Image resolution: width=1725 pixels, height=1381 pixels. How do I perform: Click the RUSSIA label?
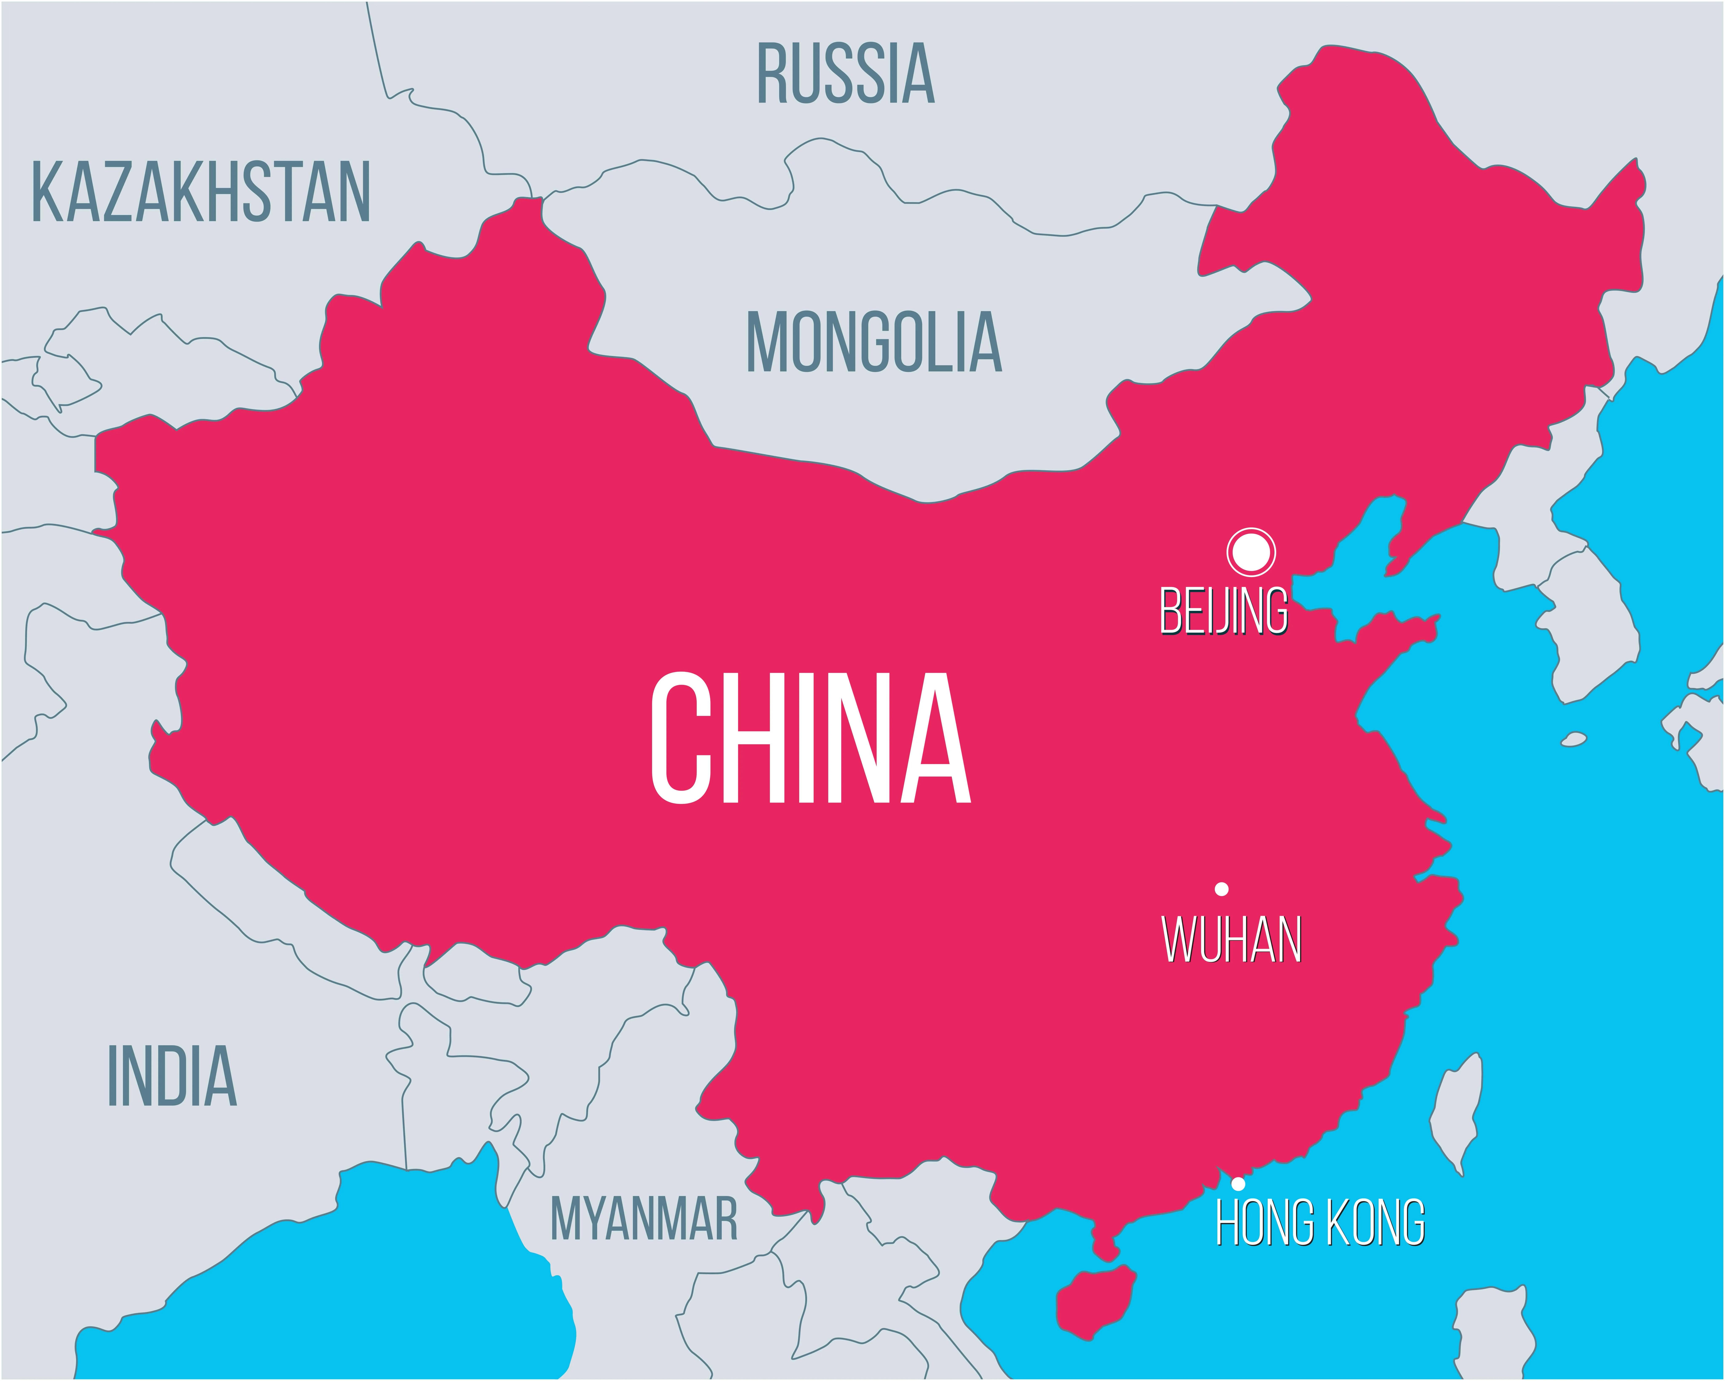tap(846, 74)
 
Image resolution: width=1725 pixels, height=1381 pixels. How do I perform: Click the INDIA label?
tap(172, 1076)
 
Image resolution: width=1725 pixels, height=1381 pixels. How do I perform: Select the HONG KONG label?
tap(1320, 1223)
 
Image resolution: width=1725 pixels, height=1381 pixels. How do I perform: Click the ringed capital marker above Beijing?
tap(1251, 551)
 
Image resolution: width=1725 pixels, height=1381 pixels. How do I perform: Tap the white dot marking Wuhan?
tap(1222, 889)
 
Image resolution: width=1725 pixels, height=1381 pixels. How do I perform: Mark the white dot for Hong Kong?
tap(1238, 1183)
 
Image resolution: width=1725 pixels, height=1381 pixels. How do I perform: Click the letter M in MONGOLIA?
tap(766, 342)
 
